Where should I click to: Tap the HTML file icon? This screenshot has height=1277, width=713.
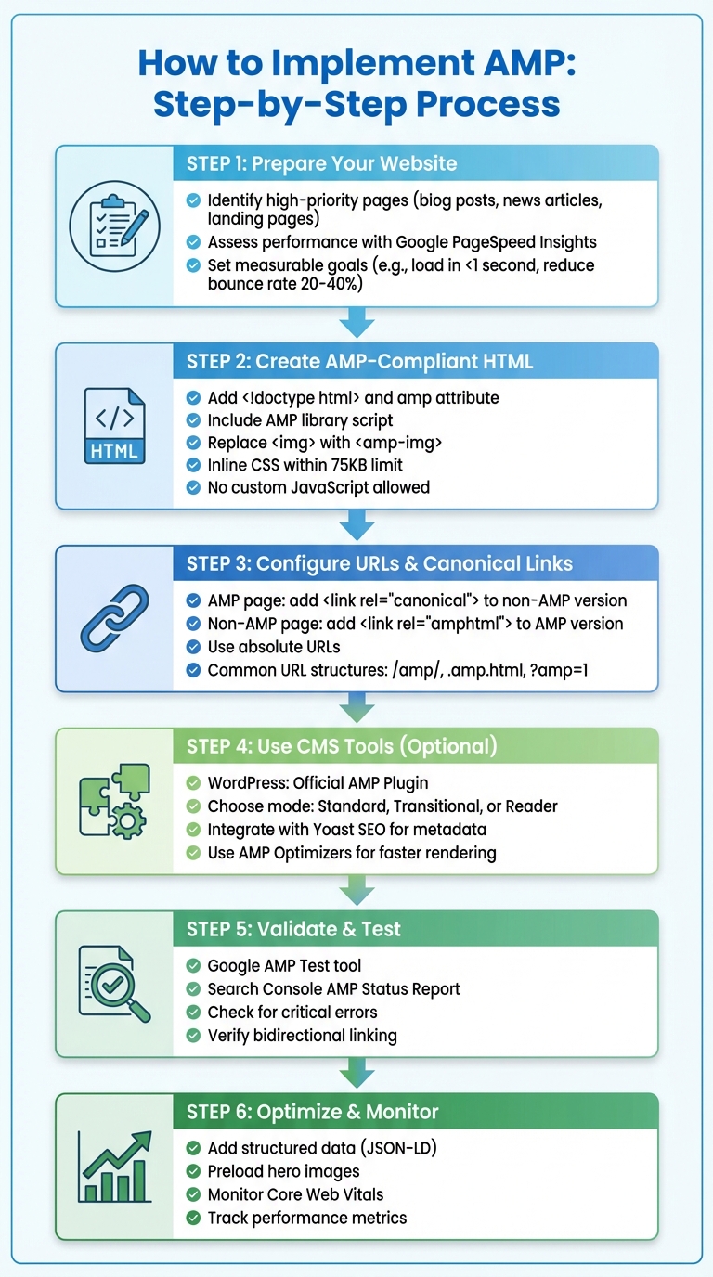(x=114, y=426)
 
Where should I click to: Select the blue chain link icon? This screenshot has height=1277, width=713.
(x=114, y=617)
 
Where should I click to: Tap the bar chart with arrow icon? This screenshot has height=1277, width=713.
(x=114, y=1167)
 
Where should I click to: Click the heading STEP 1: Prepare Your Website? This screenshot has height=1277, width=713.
(x=321, y=164)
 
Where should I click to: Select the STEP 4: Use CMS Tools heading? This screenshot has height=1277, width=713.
(x=342, y=746)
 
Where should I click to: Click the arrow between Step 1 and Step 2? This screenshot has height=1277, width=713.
(x=356, y=324)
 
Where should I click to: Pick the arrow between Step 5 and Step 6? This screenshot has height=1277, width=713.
(x=356, y=1074)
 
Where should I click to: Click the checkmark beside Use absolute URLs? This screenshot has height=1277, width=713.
(x=193, y=647)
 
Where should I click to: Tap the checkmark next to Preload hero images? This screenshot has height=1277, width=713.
(x=193, y=1171)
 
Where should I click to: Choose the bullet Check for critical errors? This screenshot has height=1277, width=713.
(x=292, y=1013)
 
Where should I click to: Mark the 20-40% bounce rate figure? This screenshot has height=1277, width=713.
(x=325, y=283)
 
